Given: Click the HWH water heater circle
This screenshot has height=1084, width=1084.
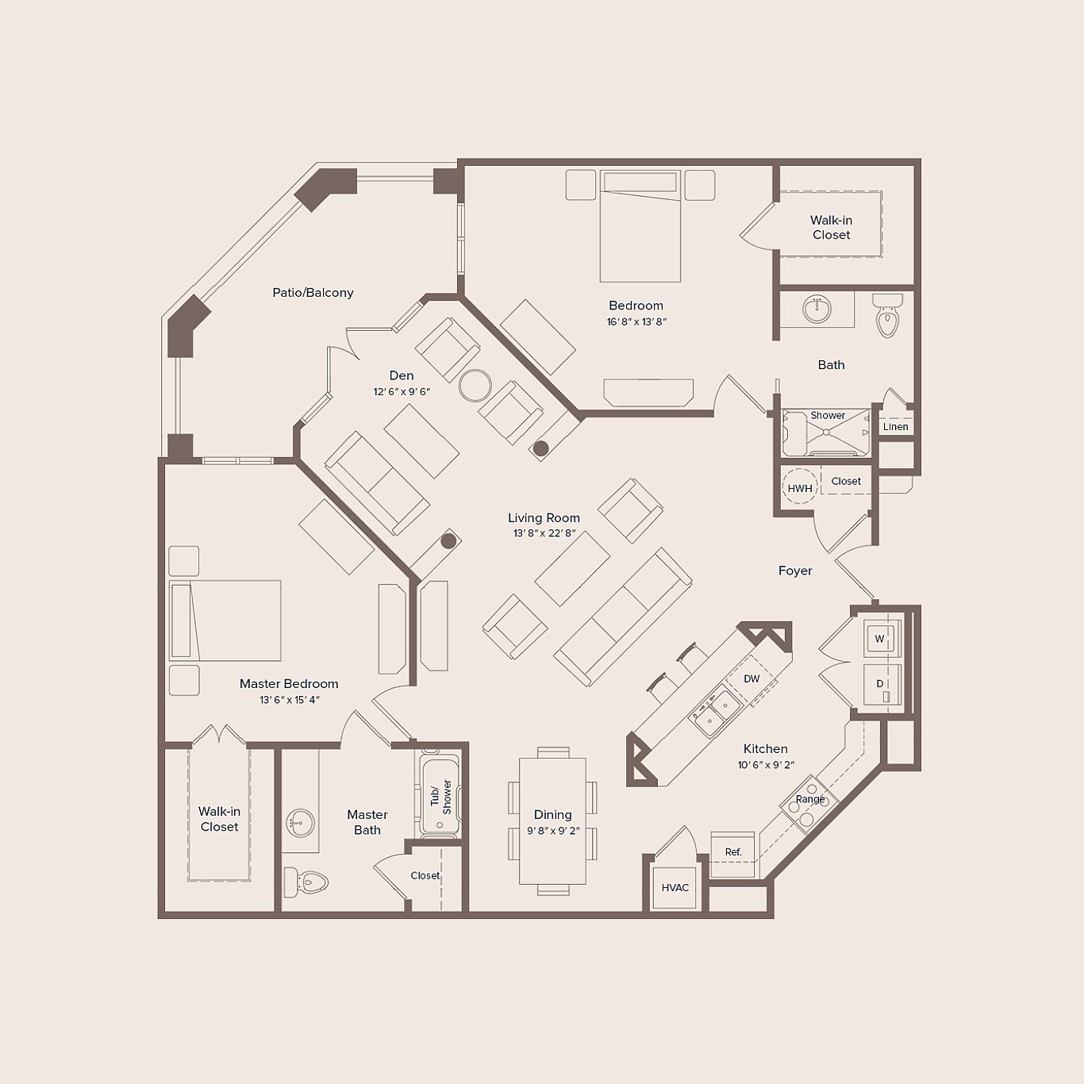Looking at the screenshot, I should point(800,488).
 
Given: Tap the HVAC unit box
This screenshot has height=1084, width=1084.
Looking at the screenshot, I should point(675,887).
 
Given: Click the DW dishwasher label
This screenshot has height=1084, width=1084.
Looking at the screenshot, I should point(751,678).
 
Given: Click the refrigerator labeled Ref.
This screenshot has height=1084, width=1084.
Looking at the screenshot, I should point(732,853).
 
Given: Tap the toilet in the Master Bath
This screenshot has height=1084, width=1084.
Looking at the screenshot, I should point(306,882).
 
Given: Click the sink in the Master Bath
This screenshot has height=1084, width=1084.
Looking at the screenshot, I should point(301,822).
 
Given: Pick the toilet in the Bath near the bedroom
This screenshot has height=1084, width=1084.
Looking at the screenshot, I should point(887,316).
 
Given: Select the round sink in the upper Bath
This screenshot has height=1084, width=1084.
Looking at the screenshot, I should point(817,307).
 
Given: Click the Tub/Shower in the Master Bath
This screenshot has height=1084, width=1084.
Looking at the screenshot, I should point(440,797).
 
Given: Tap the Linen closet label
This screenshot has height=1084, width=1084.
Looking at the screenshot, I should point(895,427).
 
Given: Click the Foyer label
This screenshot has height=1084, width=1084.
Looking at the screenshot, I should point(794,571).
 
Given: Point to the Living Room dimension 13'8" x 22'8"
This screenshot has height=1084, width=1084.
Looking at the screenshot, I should point(544,534).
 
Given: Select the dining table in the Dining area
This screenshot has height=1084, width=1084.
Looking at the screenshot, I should point(552,821).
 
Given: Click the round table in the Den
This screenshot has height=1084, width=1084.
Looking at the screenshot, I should point(475,386).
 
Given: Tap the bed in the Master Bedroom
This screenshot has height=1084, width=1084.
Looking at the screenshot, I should point(226,621).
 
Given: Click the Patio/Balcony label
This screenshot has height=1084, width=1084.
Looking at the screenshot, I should point(313,293).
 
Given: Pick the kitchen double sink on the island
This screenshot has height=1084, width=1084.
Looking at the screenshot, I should point(714,711).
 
